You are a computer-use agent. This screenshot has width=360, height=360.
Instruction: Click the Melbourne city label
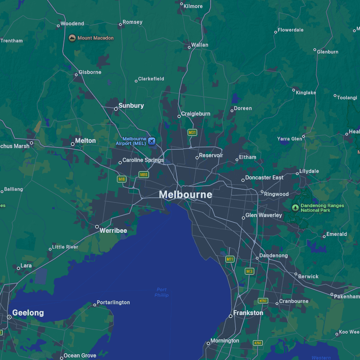185,195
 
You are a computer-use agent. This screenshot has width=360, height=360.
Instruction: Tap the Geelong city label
28,313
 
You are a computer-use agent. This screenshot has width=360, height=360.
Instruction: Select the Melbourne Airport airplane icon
152,141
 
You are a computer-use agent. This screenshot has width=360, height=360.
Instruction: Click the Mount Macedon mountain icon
72,38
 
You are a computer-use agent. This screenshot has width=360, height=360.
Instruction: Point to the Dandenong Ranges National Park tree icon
295,208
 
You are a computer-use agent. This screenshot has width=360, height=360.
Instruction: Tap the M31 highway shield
192,133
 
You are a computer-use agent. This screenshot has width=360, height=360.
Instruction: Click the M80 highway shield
144,174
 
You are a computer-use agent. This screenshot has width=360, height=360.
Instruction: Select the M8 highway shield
121,179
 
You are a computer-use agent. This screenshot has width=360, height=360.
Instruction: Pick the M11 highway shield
230,259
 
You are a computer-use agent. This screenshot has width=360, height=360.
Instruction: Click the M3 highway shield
249,271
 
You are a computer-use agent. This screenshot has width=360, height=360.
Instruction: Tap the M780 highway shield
263,301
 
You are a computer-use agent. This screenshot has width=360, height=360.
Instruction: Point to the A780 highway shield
257,343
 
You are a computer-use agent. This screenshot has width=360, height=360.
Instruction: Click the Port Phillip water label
162,292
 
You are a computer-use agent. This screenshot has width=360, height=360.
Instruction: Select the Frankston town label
248,313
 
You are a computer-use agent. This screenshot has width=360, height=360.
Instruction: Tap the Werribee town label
113,231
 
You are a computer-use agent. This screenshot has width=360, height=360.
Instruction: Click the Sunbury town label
131,106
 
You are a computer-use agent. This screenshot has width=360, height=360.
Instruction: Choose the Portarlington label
113,302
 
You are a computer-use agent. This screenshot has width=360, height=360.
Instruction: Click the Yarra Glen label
290,139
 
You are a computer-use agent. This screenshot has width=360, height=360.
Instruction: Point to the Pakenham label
347,297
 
